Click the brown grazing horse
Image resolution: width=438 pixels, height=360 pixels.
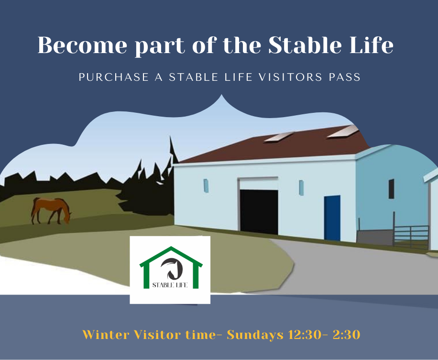click(x=51, y=210)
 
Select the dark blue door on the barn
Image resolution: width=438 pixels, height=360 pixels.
click(x=332, y=218)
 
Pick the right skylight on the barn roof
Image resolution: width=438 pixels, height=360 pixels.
click(x=342, y=131)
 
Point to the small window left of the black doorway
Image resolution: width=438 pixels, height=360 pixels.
click(x=206, y=185)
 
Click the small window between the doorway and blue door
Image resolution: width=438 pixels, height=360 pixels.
click(x=301, y=187)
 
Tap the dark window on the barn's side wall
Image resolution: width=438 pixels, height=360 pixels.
click(x=391, y=189)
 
